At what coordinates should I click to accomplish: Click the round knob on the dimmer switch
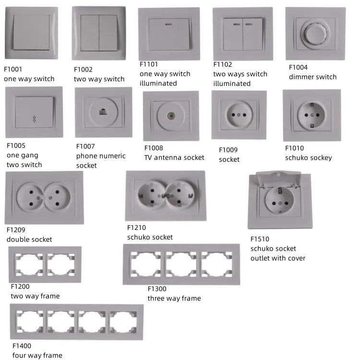pos(314,32)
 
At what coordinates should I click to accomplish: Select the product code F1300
pos(157,289)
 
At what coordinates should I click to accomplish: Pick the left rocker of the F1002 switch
pos(90,32)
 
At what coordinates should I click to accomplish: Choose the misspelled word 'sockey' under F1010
pos(321,157)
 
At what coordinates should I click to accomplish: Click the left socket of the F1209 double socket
pos(30,197)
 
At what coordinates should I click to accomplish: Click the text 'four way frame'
pos(37,355)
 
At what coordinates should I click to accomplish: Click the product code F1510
pos(260,239)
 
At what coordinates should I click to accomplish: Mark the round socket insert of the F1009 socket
pos(239,115)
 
